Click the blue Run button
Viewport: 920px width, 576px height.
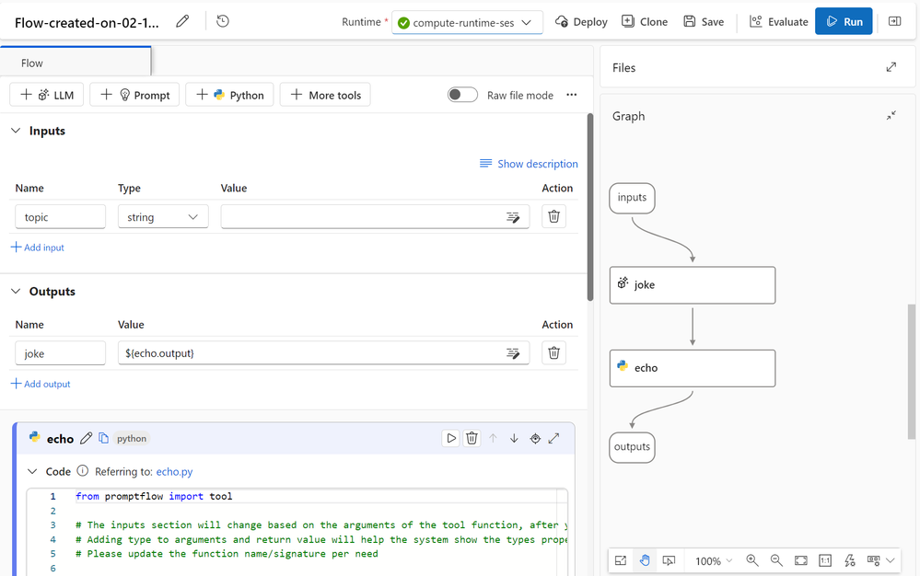click(844, 22)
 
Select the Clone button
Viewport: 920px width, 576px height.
click(645, 22)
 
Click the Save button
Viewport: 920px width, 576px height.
click(704, 22)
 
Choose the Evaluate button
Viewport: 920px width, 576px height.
click(778, 22)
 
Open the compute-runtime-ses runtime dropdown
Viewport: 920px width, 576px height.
click(467, 22)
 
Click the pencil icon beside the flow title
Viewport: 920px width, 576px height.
click(182, 21)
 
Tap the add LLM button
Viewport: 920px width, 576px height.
click(47, 95)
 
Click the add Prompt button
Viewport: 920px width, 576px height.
click(135, 95)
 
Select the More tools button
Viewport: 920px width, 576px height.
click(325, 95)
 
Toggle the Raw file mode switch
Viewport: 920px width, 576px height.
click(462, 95)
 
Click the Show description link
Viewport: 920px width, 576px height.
click(529, 164)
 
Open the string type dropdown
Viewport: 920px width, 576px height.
click(163, 217)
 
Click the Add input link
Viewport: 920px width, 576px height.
click(38, 248)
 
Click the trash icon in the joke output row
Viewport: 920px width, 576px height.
click(553, 352)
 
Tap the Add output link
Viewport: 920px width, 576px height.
click(41, 384)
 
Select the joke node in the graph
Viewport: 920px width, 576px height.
click(693, 285)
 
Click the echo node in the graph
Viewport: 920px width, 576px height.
click(693, 369)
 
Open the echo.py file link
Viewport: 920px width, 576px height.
click(174, 472)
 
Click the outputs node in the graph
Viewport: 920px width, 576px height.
click(632, 447)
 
